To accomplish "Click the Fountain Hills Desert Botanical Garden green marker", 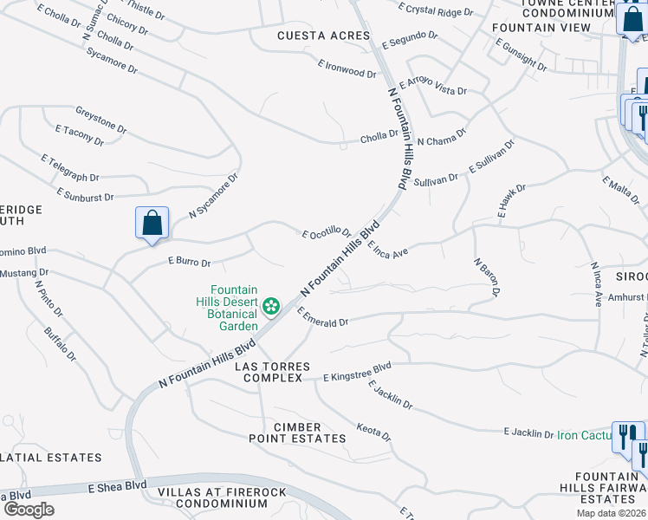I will click(x=271, y=305).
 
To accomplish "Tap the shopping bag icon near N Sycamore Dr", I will click(x=152, y=223).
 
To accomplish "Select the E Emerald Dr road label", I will click(x=322, y=317).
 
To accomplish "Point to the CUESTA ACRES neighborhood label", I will click(x=312, y=36).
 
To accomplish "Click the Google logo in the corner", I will click(x=28, y=509).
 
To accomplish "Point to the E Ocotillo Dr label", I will click(x=326, y=233).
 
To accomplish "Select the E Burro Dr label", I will click(x=190, y=259).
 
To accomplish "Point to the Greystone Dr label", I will click(x=100, y=120).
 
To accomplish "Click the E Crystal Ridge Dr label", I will click(x=436, y=10).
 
